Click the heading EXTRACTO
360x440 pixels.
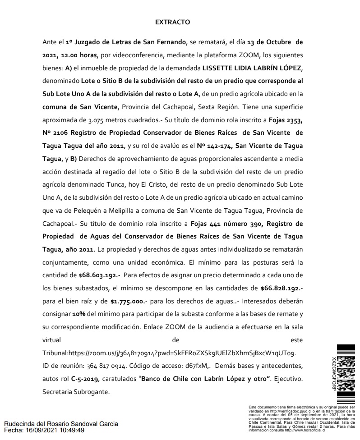[172, 22]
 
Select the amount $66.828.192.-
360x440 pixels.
[282, 288]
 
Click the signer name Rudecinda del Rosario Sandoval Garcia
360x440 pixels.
[61, 424]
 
